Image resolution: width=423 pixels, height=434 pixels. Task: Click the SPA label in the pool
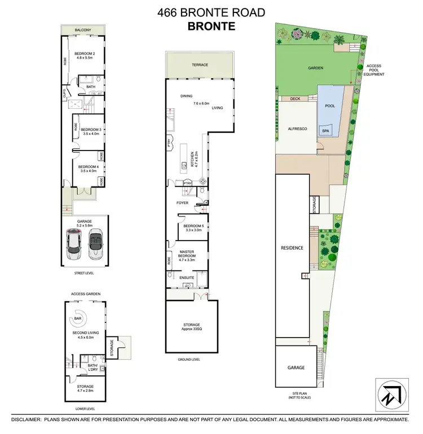[x=325, y=130]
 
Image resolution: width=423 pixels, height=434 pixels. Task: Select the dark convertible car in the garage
[x=95, y=242]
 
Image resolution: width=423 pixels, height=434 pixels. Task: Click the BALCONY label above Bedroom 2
[x=83, y=30]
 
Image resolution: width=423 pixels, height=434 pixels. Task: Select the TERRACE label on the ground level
[x=200, y=65]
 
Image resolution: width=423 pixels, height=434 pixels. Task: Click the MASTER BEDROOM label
[x=187, y=254]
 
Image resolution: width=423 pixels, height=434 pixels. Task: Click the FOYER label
[x=182, y=202]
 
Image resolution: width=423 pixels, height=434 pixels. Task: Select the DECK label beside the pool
[x=295, y=99]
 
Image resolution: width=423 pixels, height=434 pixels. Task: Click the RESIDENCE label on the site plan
[x=292, y=248]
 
